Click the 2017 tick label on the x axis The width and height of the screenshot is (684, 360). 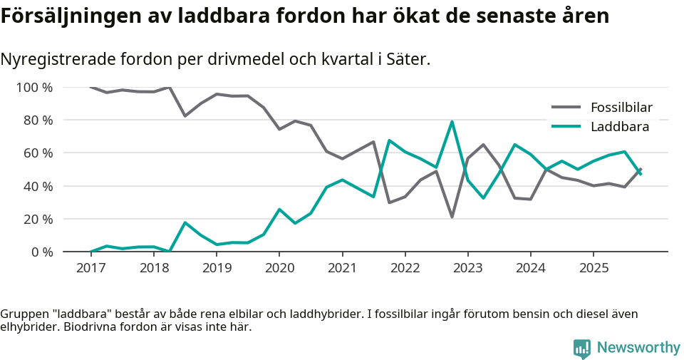pos(90,268)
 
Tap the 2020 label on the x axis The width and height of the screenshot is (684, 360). pos(279,268)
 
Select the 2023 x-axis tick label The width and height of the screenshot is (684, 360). pos(467,268)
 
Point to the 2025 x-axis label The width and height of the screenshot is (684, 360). pos(594,268)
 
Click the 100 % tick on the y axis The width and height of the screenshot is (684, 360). pos(34,88)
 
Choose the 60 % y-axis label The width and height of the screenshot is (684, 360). pos(37,153)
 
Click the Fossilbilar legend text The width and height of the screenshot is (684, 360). pos(621,108)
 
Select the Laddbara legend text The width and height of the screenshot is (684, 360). pos(619,127)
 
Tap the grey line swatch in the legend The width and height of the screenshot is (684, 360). pos(566,108)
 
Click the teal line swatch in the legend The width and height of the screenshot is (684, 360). pos(566,127)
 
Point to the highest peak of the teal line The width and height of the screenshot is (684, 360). pos(452,122)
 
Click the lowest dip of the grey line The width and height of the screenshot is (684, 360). pos(452,217)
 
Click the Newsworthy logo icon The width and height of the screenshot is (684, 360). pos(581,348)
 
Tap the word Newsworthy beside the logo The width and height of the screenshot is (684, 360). pos(638,348)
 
